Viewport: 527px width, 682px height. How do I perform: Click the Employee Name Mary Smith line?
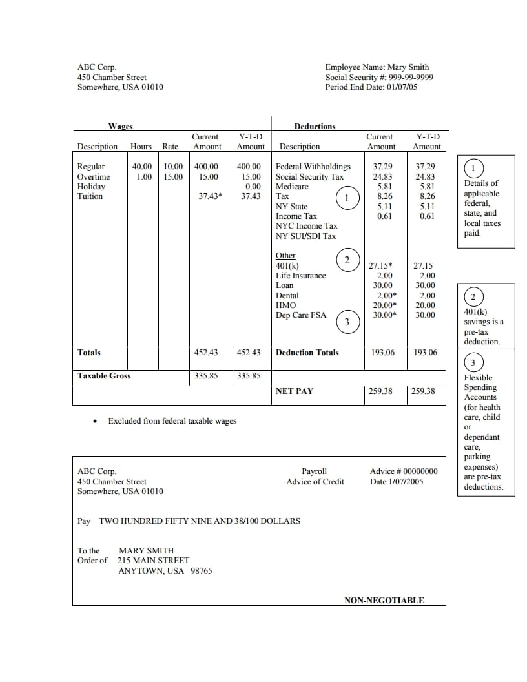tap(377, 67)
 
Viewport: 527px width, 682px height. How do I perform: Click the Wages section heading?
tap(120, 127)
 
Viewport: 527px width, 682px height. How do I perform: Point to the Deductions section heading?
tap(315, 127)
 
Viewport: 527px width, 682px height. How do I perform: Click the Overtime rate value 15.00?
tap(173, 177)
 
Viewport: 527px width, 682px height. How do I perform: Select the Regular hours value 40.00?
tap(142, 167)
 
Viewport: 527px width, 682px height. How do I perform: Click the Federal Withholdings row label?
tap(313, 167)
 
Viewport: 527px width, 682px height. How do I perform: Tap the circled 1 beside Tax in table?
tap(347, 198)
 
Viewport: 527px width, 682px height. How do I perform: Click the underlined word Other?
tap(285, 256)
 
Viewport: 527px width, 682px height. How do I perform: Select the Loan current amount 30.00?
tap(383, 285)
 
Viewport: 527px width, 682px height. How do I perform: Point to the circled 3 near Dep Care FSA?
tap(347, 322)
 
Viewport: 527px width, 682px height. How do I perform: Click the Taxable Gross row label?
tap(104, 376)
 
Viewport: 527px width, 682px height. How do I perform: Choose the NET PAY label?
tap(294, 391)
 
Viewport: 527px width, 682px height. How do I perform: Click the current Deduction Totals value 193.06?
tap(382, 353)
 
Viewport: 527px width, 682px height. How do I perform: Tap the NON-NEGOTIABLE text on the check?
tap(384, 601)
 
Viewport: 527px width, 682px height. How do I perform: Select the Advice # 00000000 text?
tap(404, 471)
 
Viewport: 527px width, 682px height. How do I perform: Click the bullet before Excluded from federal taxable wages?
tap(95, 422)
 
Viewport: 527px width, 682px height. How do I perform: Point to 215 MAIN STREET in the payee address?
tap(154, 561)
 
